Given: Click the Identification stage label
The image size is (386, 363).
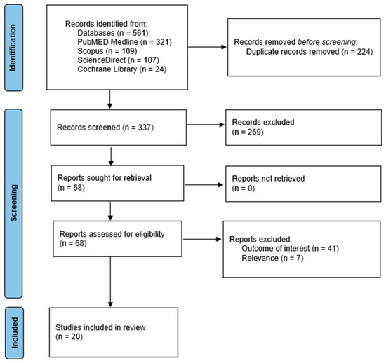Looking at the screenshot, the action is pyautogui.click(x=14, y=48).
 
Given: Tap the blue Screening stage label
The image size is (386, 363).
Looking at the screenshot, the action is pyautogui.click(x=13, y=203).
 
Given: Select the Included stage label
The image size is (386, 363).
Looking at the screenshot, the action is pyautogui.click(x=14, y=333).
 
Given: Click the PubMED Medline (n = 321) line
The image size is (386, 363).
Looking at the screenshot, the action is pyautogui.click(x=124, y=42).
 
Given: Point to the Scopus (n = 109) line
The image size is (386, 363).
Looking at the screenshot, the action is pyautogui.click(x=107, y=51).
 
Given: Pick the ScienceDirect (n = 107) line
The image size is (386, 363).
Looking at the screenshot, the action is pyautogui.click(x=118, y=60).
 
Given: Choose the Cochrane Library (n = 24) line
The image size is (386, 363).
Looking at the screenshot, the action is pyautogui.click(x=122, y=69).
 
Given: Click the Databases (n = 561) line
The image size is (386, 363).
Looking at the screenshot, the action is pyautogui.click(x=114, y=33).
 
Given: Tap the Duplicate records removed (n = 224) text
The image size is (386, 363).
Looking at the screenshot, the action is pyautogui.click(x=310, y=52).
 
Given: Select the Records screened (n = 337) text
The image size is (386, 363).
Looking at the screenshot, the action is pyautogui.click(x=105, y=128).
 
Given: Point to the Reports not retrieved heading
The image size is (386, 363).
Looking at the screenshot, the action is pyautogui.click(x=268, y=179).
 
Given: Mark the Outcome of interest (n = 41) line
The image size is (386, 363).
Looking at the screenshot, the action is pyautogui.click(x=291, y=249).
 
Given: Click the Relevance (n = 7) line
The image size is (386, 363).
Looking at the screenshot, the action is pyautogui.click(x=272, y=259).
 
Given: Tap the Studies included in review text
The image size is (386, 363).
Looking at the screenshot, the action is pyautogui.click(x=100, y=327).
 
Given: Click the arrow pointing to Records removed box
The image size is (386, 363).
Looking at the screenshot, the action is pyautogui.click(x=207, y=47).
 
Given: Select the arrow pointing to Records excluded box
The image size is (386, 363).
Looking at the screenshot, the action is pyautogui.click(x=206, y=125).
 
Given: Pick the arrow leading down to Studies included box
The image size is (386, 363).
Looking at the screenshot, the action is pyautogui.click(x=110, y=282).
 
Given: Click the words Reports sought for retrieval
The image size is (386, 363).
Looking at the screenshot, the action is pyautogui.click(x=105, y=178).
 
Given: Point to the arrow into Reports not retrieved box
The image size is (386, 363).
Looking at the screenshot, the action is pyautogui.click(x=204, y=185).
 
